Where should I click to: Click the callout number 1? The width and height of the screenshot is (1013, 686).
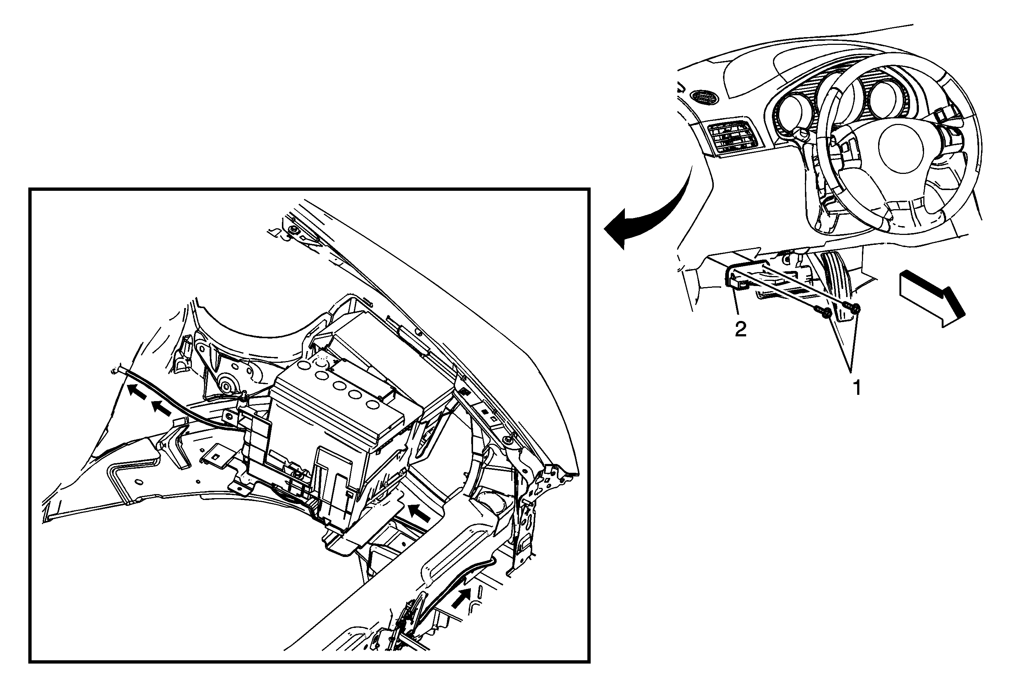click(x=857, y=387)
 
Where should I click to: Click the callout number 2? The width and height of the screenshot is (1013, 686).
click(x=741, y=329)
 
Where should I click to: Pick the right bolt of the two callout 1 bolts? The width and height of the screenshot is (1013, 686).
click(x=851, y=308)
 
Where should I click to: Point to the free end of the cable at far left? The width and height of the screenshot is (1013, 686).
click(x=114, y=370)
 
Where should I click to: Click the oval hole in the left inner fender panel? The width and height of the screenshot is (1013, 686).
click(x=139, y=482)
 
